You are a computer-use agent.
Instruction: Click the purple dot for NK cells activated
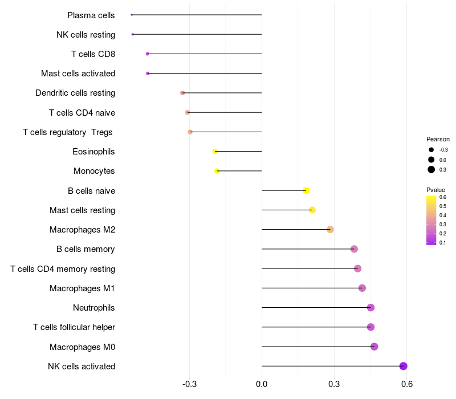(403, 366)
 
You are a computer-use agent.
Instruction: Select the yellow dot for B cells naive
(306, 190)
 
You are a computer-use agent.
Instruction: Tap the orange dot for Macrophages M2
(330, 230)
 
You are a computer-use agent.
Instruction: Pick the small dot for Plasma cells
(132, 15)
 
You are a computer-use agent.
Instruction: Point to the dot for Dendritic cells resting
(182, 93)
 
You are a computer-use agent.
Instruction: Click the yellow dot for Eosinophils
(215, 152)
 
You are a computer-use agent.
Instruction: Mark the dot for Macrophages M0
(374, 347)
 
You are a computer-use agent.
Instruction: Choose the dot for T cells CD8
(148, 54)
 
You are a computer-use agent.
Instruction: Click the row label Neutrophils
(93, 308)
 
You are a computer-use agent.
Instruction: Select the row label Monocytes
(94, 171)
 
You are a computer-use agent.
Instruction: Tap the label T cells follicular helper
(74, 327)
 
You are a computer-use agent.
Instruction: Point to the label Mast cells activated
(78, 74)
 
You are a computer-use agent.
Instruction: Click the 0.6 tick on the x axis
(407, 384)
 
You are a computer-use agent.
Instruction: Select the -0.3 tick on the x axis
(189, 384)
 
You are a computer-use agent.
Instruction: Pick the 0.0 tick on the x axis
(262, 384)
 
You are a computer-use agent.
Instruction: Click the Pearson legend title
(438, 139)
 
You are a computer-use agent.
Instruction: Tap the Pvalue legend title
(435, 190)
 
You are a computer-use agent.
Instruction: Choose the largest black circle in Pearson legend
(431, 169)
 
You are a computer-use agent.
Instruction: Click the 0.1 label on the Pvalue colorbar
(443, 243)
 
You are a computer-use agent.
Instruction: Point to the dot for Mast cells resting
(312, 210)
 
